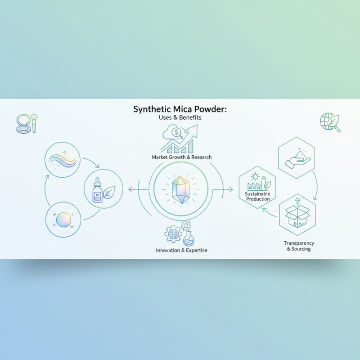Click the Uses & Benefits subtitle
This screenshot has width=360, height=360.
coord(180,117)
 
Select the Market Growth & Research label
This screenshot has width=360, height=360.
coord(182,157)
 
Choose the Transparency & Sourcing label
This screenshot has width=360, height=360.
coord(298,246)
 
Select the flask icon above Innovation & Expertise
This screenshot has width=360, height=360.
coord(189,238)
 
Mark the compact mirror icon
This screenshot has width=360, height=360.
coord(22,122)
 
